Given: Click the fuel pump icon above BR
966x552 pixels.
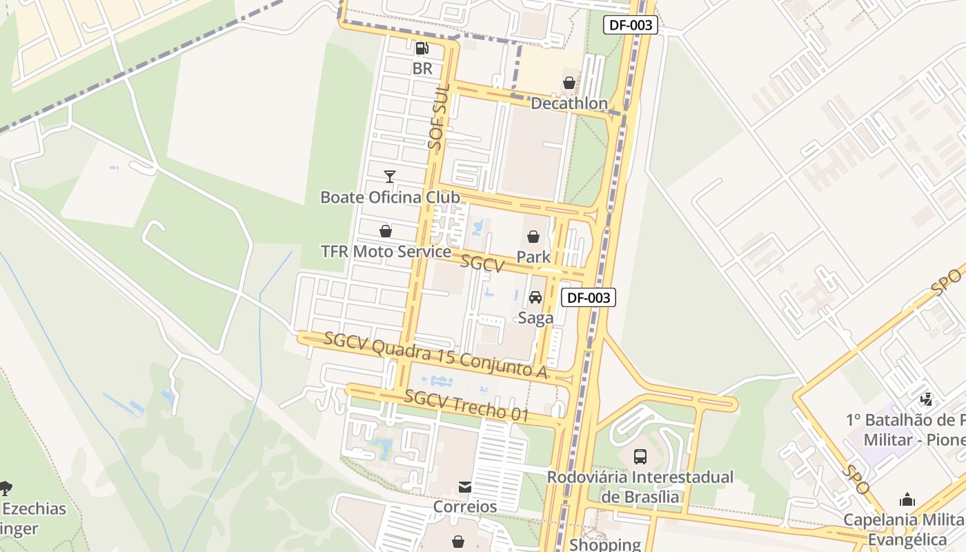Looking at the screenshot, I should [422, 48].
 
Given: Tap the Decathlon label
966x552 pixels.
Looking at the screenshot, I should [569, 103].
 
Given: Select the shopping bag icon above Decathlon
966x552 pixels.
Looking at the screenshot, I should [569, 83].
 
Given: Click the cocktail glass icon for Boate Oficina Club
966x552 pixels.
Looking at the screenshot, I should [390, 177].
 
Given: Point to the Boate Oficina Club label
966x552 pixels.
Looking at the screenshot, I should [390, 197].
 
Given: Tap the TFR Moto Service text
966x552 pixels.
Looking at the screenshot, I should [386, 251].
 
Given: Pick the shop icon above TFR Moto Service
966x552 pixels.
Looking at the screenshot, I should [386, 231].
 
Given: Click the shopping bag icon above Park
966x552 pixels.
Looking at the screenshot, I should [533, 237].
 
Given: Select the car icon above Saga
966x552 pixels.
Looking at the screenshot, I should [535, 297].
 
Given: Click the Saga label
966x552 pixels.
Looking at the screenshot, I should [535, 317].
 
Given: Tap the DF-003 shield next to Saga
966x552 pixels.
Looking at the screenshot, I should [588, 297].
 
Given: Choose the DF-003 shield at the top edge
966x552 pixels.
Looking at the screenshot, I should [631, 26].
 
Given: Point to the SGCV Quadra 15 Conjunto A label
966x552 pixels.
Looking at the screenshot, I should [435, 355].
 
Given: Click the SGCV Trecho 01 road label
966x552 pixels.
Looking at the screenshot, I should [466, 406].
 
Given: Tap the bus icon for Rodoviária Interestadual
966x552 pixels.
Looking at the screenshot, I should [640, 456].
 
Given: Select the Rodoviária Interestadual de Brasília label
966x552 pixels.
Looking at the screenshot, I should [640, 486].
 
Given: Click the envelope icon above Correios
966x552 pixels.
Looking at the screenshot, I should [465, 487].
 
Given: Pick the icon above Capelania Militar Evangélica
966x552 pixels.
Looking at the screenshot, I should [907, 500].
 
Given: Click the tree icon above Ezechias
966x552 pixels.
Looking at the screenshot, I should [6, 489].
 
